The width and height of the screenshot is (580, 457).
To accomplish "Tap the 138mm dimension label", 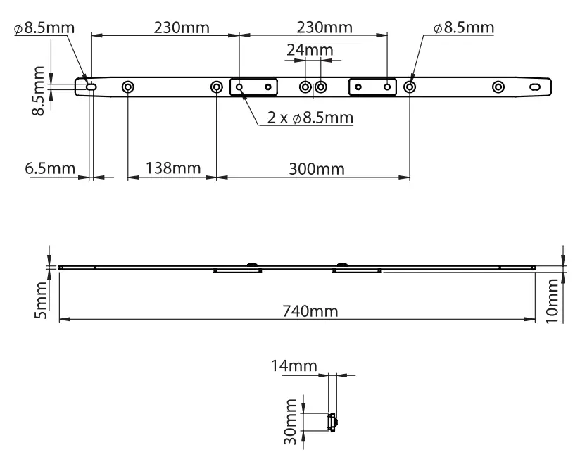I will click(173, 169).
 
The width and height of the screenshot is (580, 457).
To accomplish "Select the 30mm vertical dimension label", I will click(291, 420).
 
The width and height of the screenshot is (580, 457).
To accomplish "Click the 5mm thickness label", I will click(42, 298).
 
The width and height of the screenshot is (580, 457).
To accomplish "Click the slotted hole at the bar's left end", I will click(92, 87).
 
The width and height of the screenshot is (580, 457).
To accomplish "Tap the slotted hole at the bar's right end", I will click(536, 87).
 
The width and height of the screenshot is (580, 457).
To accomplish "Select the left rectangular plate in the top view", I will click(253, 87).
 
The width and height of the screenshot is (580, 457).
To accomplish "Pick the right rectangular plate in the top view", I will click(372, 87).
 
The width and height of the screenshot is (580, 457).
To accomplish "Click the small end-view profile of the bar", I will click(332, 422).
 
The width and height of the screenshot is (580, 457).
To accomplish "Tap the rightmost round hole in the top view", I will click(498, 87).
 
